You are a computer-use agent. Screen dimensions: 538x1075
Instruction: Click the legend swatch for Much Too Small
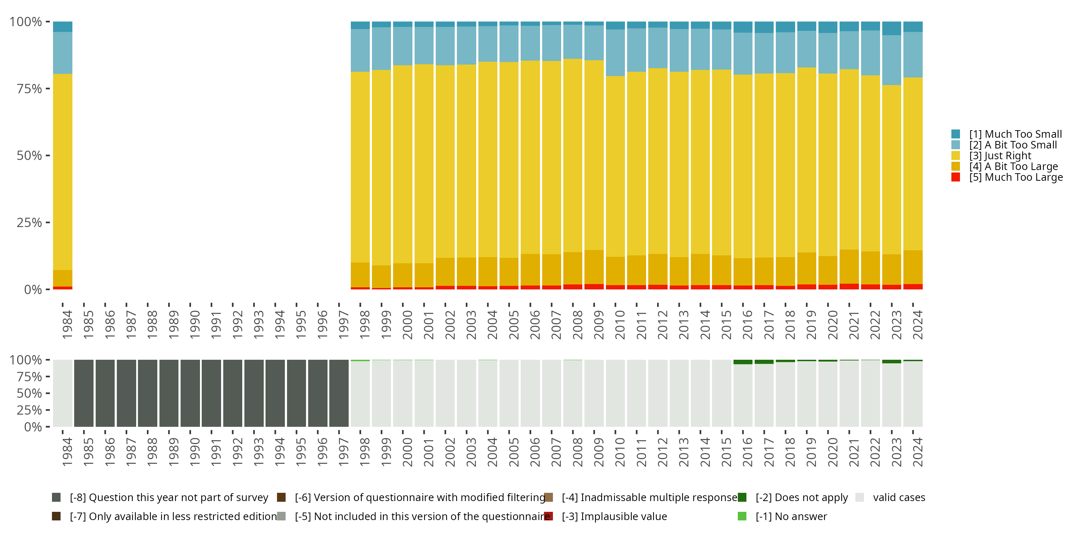(x=956, y=134)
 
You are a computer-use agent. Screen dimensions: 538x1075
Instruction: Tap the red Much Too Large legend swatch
(x=956, y=177)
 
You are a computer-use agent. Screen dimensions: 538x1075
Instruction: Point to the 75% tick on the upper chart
(x=29, y=89)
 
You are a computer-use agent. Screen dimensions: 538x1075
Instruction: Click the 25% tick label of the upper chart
(x=29, y=223)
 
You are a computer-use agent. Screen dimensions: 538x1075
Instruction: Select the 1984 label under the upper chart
(x=67, y=325)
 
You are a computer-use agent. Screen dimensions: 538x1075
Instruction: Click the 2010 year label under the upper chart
(x=620, y=325)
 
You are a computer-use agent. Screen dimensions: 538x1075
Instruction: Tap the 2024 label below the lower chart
(x=917, y=452)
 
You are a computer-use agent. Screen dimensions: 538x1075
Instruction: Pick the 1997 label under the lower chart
(x=343, y=452)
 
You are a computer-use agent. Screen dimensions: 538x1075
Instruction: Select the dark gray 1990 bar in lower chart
(x=190, y=393)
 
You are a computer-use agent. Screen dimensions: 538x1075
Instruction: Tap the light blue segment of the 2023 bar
(x=892, y=60)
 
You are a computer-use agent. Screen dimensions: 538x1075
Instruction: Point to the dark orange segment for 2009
(x=594, y=267)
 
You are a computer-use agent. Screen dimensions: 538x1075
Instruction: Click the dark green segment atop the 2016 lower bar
(x=743, y=362)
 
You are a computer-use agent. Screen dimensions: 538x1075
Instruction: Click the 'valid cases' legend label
(x=899, y=497)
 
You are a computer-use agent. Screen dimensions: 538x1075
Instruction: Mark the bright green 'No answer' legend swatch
(x=742, y=516)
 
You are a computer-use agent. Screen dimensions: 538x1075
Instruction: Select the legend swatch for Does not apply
(x=742, y=497)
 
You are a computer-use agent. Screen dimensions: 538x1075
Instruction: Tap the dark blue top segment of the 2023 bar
(x=892, y=28)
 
